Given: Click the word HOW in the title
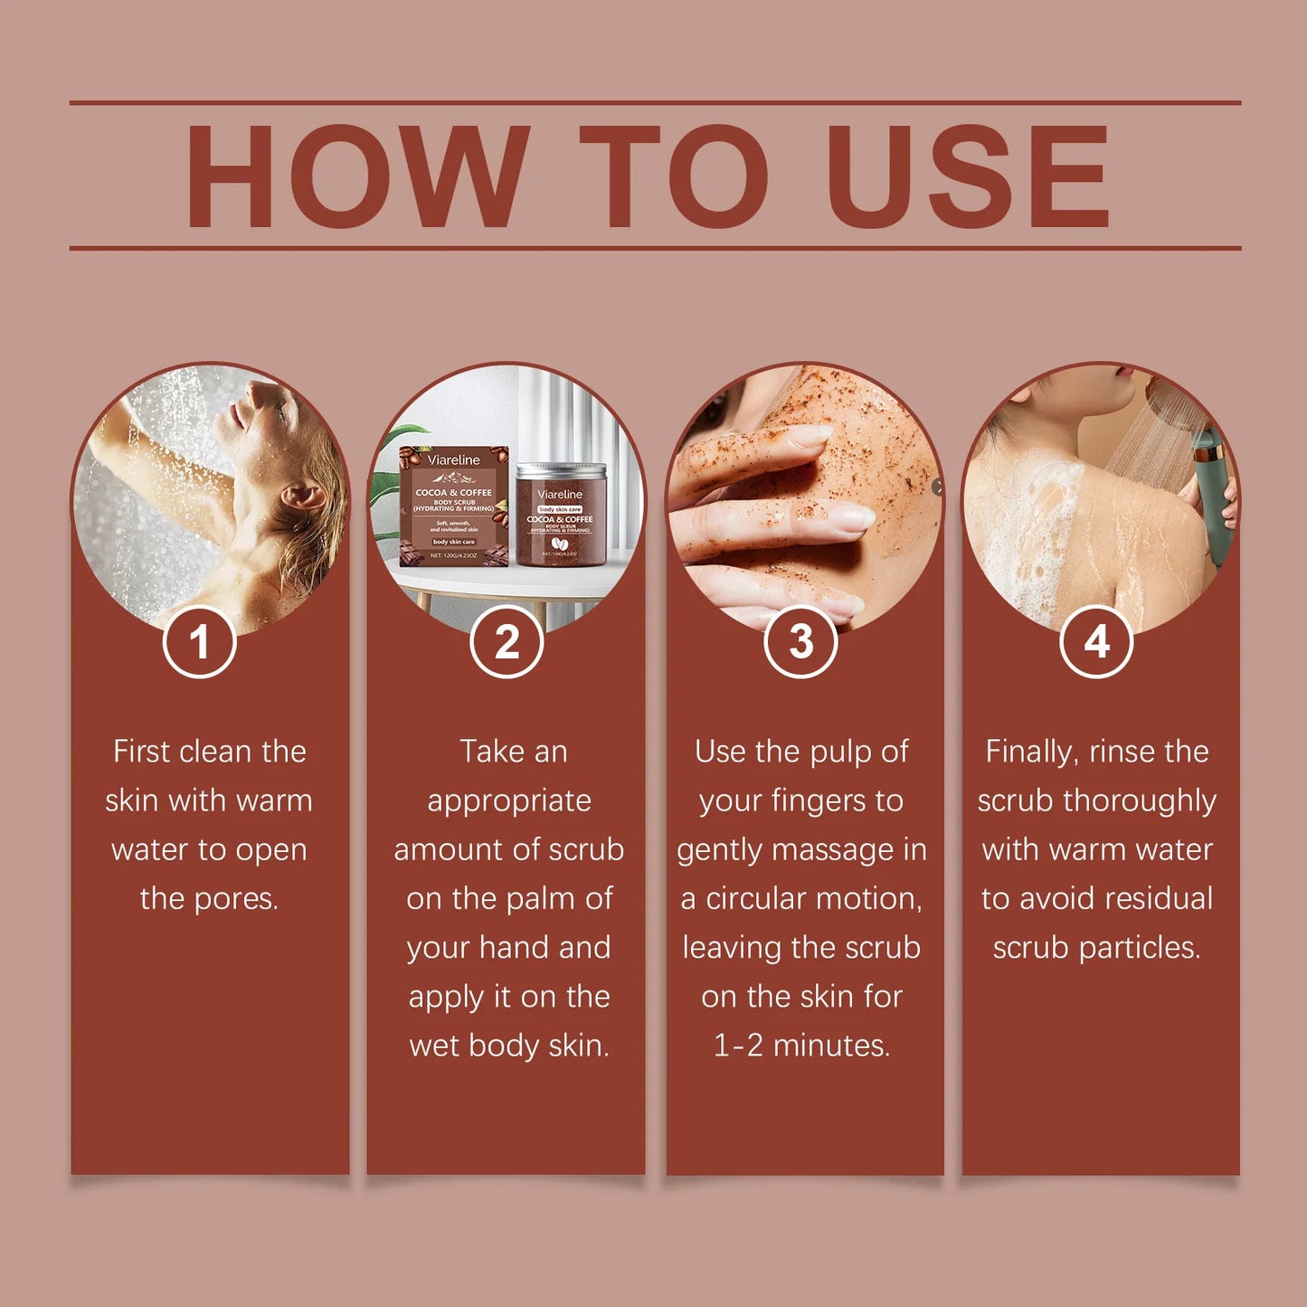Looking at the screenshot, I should pos(356,176).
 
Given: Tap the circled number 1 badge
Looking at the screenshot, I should pos(199,642).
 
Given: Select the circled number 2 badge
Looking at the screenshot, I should pos(507,642).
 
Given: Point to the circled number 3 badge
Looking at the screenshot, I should pos(801,642).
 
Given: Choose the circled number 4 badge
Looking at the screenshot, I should pos(1096,642).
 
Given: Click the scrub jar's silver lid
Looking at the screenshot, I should pos(560,471).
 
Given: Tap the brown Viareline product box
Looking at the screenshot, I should pos(454,507).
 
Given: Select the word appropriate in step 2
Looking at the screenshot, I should pos(508,801).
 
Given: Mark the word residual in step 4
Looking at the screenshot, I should pos(1158,899).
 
